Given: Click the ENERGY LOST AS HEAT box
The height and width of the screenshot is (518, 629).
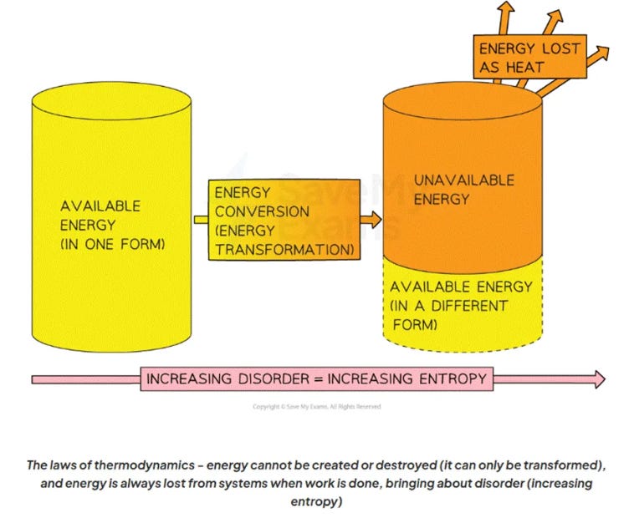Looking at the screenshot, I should (529, 56).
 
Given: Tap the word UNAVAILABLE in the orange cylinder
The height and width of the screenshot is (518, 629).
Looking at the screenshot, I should (464, 180).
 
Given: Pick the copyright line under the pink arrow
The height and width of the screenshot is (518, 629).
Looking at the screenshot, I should (317, 407).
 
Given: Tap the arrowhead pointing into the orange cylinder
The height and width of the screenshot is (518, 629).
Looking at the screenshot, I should (374, 221).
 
